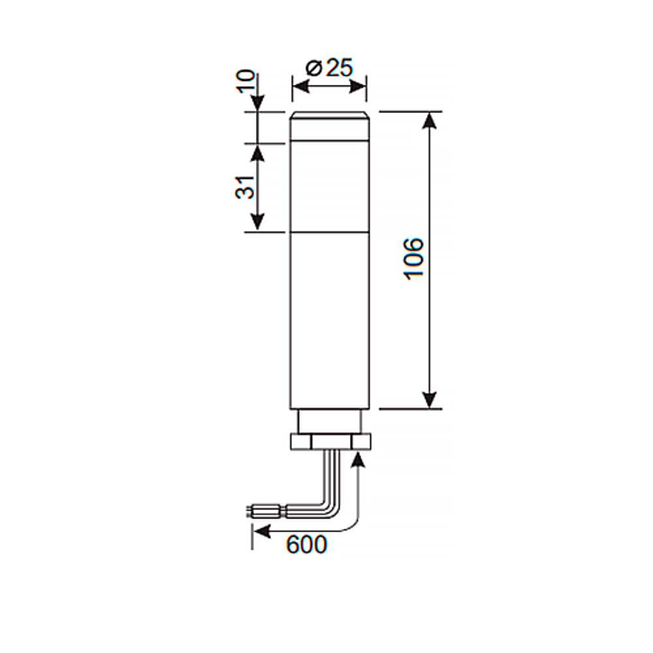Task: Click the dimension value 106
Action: pos(414,258)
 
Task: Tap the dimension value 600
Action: pos(306,543)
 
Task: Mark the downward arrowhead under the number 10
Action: pos(257,103)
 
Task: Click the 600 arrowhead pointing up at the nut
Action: pos(357,459)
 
